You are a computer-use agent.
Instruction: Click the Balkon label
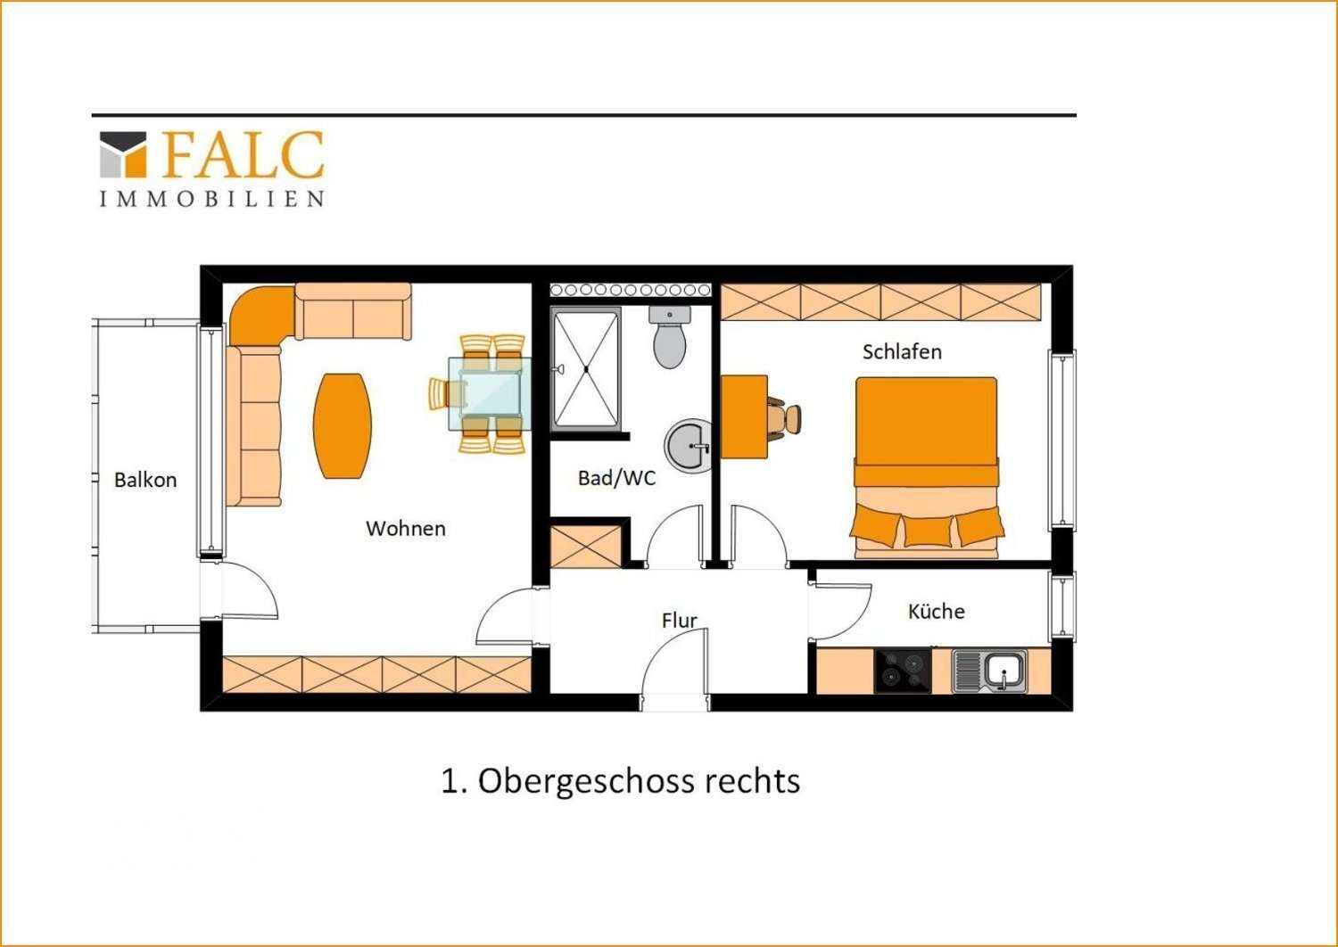pyautogui.click(x=145, y=480)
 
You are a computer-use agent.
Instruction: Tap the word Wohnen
pyautogui.click(x=406, y=529)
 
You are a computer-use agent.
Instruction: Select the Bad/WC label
pyautogui.click(x=616, y=478)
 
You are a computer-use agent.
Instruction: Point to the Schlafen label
pyautogui.click(x=902, y=352)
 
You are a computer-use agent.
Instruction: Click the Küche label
pyautogui.click(x=936, y=612)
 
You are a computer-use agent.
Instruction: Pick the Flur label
pyautogui.click(x=679, y=621)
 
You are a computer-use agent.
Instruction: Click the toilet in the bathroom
pyautogui.click(x=669, y=339)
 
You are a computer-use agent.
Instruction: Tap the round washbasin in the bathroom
pyautogui.click(x=689, y=446)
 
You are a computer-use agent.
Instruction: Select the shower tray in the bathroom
pyautogui.click(x=585, y=369)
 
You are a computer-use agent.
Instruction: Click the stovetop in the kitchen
pyautogui.click(x=903, y=671)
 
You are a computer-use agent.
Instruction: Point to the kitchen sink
pyautogui.click(x=991, y=671)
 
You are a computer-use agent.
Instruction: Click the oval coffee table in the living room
pyautogui.click(x=343, y=425)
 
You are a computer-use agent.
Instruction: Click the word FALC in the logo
pyautogui.click(x=243, y=155)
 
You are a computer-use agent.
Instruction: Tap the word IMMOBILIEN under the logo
pyautogui.click(x=211, y=199)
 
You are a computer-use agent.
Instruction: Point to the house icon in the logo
pyautogui.click(x=123, y=155)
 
